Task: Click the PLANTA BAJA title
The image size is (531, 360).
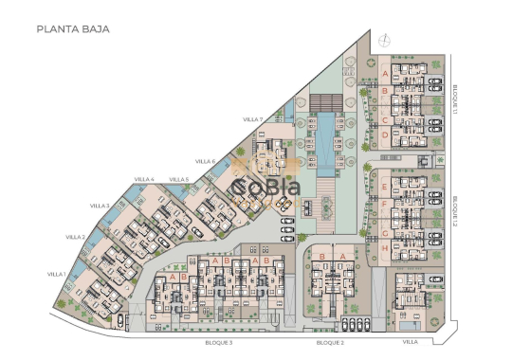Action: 73,29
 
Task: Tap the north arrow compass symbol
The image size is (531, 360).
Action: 385,40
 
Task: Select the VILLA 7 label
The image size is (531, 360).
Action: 252,119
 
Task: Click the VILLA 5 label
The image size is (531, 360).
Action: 179,179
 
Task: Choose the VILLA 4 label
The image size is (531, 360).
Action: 144,179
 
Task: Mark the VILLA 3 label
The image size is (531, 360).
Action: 100,206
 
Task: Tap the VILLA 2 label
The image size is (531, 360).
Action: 77,237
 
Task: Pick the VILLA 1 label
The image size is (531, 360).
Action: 56,274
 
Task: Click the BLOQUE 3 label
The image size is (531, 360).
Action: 218,342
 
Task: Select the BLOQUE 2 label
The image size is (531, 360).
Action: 329,342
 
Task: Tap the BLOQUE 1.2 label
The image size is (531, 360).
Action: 456,210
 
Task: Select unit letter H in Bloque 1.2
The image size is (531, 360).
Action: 385,249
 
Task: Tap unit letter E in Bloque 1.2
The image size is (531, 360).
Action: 385,184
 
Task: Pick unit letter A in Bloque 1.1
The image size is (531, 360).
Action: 385,71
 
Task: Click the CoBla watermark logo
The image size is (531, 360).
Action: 265,189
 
